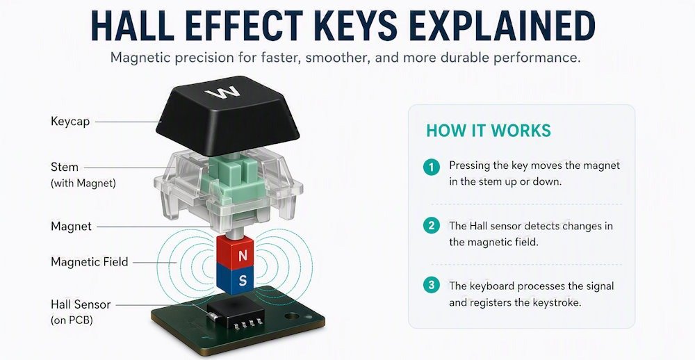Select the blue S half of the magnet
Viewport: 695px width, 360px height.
point(236,280)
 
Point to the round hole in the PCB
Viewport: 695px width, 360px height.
point(292,318)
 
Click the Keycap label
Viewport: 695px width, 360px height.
point(70,122)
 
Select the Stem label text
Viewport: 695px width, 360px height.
point(64,167)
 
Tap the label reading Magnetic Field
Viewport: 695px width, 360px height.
point(89,261)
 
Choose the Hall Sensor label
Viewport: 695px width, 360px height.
point(81,304)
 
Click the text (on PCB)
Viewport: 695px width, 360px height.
point(72,320)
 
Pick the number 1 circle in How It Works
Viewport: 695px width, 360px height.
point(432,167)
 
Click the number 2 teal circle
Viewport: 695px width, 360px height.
point(432,226)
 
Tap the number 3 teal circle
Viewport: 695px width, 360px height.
point(432,285)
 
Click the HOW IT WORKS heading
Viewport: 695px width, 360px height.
point(489,131)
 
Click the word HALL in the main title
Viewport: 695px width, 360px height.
point(132,26)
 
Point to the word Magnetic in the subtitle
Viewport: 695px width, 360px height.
point(141,58)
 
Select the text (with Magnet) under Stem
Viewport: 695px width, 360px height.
point(83,183)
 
